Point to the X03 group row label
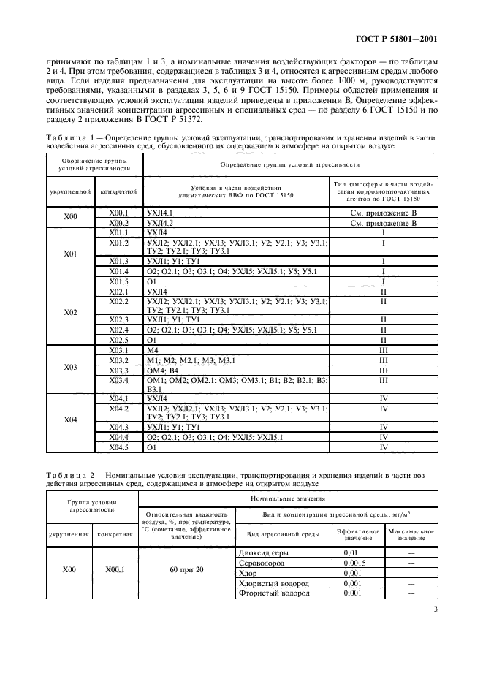point(71,367)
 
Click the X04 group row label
point(71,420)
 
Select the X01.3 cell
point(118,261)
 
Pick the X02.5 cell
point(118,340)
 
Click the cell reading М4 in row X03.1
point(153,351)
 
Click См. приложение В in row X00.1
point(383,212)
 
